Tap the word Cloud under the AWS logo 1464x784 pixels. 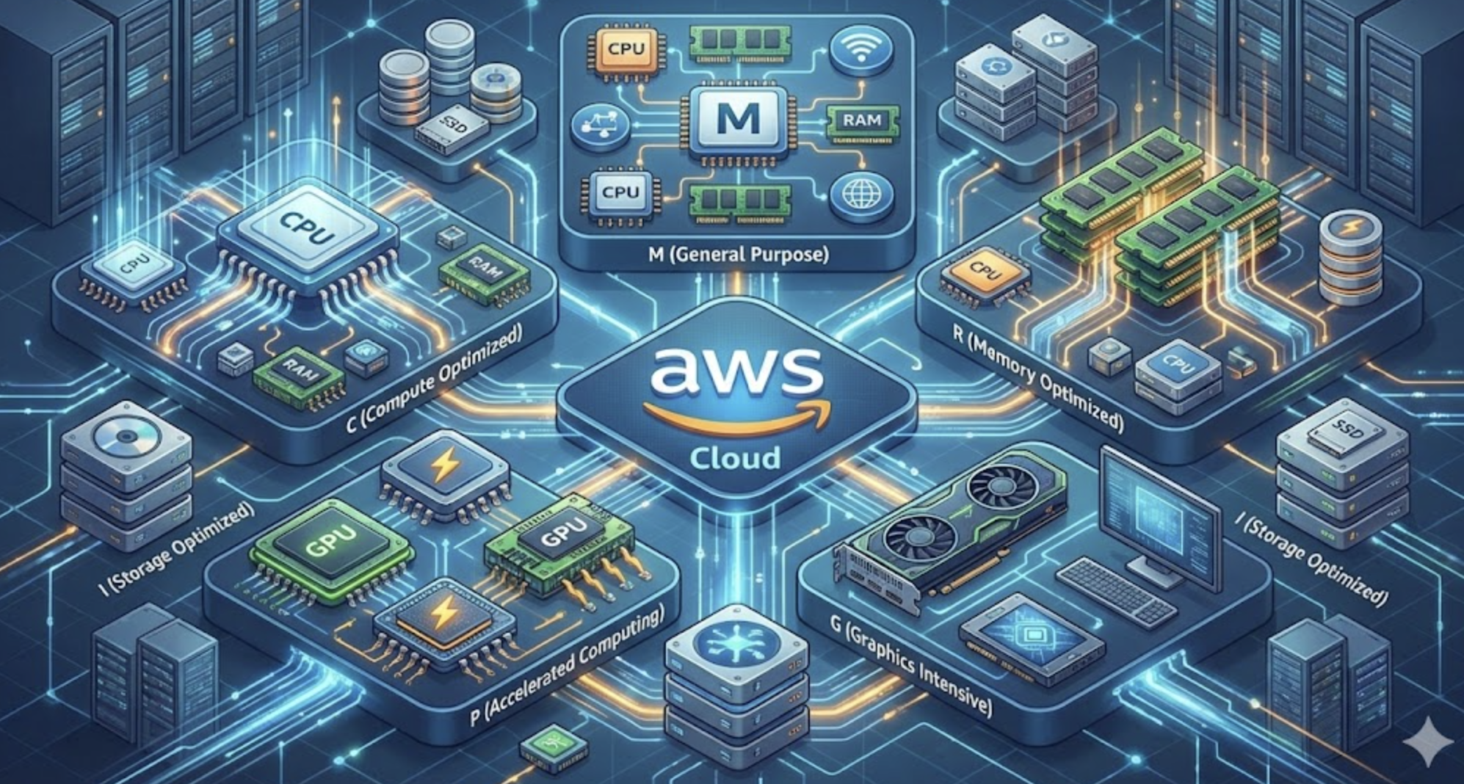(x=734, y=458)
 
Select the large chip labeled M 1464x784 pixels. (x=737, y=119)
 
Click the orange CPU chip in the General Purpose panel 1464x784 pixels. (x=626, y=49)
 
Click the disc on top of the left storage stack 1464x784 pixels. (x=126, y=438)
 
